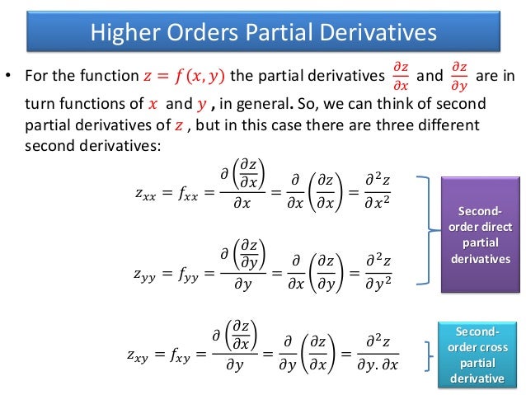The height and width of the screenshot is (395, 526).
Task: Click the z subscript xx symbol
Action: click(x=148, y=195)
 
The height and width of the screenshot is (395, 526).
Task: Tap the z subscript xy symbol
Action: click(x=140, y=356)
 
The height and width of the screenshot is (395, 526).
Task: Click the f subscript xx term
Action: click(x=190, y=195)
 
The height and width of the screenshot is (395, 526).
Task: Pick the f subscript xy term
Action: click(x=182, y=356)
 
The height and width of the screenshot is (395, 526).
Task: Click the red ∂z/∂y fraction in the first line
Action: click(x=458, y=78)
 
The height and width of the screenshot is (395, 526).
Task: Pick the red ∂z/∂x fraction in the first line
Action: click(x=400, y=78)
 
